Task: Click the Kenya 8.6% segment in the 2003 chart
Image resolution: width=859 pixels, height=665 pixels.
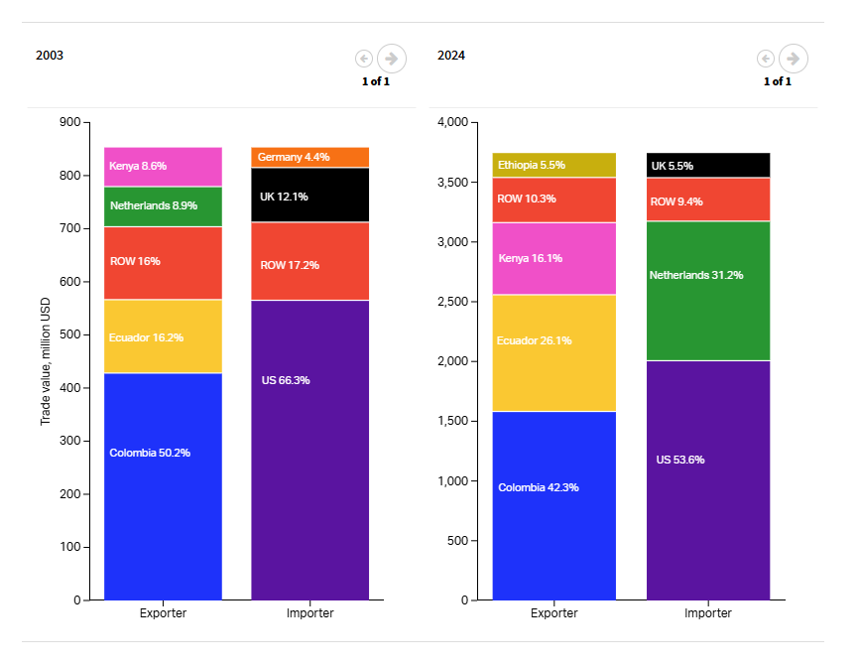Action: [x=163, y=167]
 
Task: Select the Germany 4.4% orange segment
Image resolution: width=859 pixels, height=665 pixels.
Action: [x=309, y=157]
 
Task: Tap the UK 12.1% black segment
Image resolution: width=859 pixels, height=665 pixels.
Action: [x=309, y=196]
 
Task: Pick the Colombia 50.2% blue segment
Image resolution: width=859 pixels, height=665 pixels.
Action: [x=163, y=486]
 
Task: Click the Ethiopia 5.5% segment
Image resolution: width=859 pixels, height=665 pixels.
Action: [x=553, y=165]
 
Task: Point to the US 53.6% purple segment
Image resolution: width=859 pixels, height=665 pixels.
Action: [x=708, y=480]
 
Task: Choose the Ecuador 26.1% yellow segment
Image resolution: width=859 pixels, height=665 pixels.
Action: [x=553, y=353]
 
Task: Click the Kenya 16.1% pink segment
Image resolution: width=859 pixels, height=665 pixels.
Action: [x=553, y=258]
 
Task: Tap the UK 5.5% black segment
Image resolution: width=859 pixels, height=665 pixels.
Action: [x=708, y=166]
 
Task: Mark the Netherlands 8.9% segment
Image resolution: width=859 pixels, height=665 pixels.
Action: [x=163, y=206]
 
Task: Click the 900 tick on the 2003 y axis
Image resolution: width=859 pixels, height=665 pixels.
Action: [x=69, y=122]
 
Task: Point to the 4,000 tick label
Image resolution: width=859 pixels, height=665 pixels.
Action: [x=451, y=122]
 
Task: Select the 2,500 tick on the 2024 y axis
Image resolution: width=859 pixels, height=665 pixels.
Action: [x=451, y=302]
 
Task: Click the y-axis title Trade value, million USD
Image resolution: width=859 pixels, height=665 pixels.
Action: [x=46, y=360]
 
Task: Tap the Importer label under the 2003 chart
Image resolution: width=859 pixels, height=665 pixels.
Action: [x=309, y=613]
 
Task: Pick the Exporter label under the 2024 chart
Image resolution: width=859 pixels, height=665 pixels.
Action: [x=553, y=613]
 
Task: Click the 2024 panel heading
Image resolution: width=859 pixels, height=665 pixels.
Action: [x=451, y=56]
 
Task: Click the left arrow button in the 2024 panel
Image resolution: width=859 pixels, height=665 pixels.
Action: [x=765, y=59]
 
